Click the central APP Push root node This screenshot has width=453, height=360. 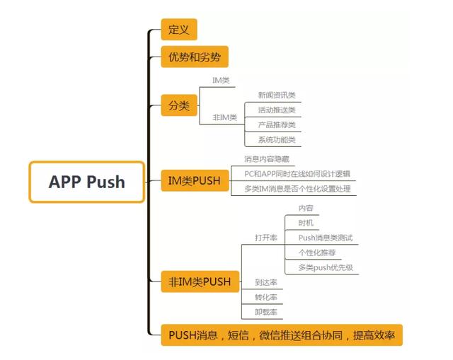[86, 182]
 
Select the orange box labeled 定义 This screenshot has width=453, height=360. [178, 30]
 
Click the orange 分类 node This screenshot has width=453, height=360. [178, 106]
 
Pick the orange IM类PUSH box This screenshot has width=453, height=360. [194, 182]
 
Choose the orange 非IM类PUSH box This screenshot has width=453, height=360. [200, 281]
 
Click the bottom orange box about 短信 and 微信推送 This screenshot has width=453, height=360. [281, 335]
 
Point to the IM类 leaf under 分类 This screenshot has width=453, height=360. [221, 81]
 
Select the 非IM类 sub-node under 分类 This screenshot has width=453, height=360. [224, 117]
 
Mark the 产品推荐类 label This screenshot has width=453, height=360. [275, 124]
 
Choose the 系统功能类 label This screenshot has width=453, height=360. [275, 139]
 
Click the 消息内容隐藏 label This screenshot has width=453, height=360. [265, 159]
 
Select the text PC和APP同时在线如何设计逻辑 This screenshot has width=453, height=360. [297, 173]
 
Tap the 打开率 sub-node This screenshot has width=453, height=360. [265, 238]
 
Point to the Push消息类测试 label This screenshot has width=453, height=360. [325, 238]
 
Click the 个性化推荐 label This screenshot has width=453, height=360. [316, 252]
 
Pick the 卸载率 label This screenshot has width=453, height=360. [265, 311]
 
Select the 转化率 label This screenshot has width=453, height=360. [265, 296]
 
